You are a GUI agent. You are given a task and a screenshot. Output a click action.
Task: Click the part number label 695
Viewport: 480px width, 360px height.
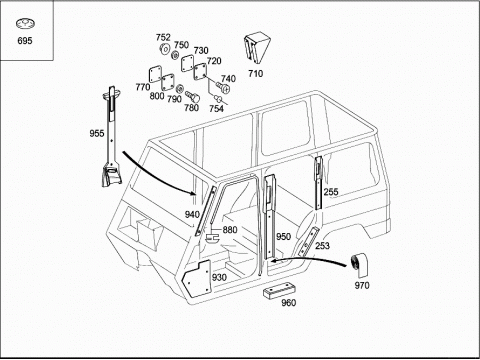(x=25, y=41)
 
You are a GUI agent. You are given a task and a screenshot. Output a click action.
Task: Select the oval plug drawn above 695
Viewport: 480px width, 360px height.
(x=25, y=24)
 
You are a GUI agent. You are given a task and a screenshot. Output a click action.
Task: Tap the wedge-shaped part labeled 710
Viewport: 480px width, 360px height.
(x=257, y=48)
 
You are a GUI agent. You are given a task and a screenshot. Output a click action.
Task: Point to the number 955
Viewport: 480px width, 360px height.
(x=97, y=133)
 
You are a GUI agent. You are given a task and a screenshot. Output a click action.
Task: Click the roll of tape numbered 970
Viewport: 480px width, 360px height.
(x=360, y=265)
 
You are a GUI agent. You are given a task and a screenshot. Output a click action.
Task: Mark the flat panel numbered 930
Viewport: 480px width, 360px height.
(x=197, y=279)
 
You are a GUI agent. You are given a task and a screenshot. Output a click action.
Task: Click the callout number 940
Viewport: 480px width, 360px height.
(x=192, y=214)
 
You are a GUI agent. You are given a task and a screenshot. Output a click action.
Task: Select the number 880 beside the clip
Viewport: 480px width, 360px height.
(x=230, y=230)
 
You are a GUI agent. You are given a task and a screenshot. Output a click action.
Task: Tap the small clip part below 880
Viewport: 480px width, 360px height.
(x=212, y=238)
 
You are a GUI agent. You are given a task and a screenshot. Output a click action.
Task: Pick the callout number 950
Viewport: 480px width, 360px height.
(x=283, y=236)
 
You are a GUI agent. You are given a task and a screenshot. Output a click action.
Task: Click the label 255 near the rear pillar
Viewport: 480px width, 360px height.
(x=331, y=192)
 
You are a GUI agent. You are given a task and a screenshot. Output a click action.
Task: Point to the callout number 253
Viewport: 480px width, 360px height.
(x=322, y=246)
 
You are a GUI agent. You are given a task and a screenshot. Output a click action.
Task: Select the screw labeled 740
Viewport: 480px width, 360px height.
(x=224, y=87)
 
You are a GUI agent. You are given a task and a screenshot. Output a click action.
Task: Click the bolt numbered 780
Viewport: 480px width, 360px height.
(x=192, y=97)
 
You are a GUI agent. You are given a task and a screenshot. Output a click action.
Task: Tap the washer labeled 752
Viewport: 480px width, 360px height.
(x=164, y=49)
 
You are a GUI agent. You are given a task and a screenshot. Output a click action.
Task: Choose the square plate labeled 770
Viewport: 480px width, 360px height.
(x=155, y=75)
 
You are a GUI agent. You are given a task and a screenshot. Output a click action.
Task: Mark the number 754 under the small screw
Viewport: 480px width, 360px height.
(x=216, y=109)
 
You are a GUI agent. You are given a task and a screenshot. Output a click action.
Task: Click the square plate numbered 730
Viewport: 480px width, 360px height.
(x=187, y=63)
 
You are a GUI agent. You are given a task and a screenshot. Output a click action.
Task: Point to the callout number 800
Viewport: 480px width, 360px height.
(x=157, y=96)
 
